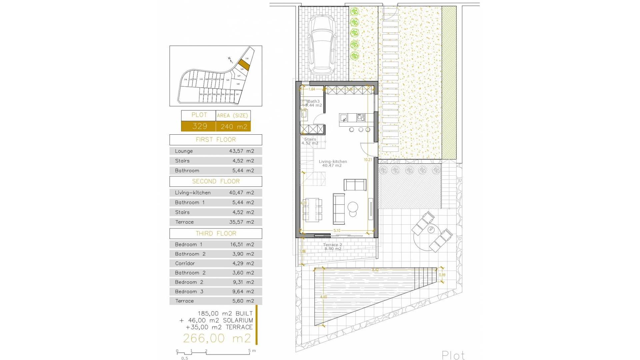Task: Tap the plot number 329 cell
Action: tap(199, 126)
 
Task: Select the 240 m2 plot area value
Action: tap(234, 127)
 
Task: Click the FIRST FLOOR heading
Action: tap(216, 140)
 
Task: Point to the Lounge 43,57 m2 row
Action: tap(216, 151)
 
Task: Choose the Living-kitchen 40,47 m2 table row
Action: tap(216, 193)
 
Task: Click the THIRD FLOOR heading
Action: tap(216, 233)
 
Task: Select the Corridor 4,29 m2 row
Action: tap(216, 263)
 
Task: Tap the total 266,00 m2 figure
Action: tap(217, 338)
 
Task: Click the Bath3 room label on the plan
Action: tap(313, 101)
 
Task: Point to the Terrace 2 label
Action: tap(332, 245)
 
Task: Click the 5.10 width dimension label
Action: tap(337, 231)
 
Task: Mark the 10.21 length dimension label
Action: tap(368, 160)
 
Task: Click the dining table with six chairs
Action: tap(312, 210)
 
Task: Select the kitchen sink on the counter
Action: tap(344, 118)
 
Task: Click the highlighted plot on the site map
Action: tap(243, 65)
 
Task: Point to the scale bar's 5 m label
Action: tap(252, 351)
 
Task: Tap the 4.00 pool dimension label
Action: tap(323, 297)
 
